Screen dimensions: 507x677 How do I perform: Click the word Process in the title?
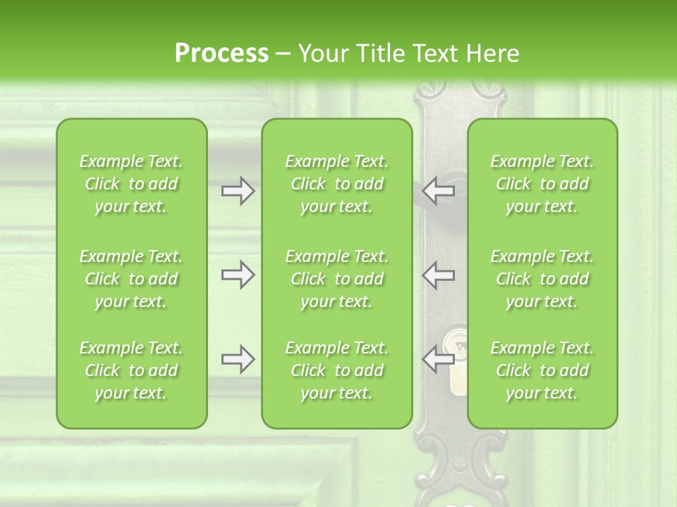tap(221, 54)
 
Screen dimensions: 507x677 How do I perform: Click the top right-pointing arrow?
tap(238, 191)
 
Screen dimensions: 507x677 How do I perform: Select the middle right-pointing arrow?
tap(238, 274)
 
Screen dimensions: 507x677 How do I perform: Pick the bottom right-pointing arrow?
tap(238, 359)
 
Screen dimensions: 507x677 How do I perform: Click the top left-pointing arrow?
tap(438, 191)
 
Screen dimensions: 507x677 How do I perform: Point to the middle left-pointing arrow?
tap(438, 274)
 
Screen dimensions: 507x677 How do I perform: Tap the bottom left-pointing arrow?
tap(438, 359)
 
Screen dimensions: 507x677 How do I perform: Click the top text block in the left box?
tap(131, 184)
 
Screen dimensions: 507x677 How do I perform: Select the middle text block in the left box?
tap(131, 279)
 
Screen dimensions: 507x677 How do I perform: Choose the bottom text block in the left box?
tap(131, 370)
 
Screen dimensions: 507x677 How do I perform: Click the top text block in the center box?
tap(336, 184)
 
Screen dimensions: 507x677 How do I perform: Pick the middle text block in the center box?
tap(336, 279)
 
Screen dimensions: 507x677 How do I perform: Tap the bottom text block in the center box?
tap(336, 370)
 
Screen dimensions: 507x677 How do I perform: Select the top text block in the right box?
tap(542, 184)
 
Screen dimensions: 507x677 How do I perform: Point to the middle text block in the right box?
tap(542, 279)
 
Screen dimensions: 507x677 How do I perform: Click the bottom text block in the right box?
tap(542, 370)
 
